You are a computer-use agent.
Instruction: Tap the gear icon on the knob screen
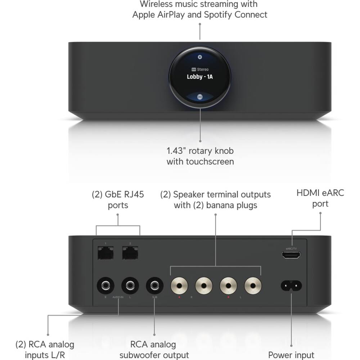200,57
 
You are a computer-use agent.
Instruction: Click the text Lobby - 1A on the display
200,77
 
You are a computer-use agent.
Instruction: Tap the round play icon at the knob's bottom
200,96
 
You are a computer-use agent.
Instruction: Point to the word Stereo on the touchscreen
203,69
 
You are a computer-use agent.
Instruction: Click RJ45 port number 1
105,253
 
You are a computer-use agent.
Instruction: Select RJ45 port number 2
130,253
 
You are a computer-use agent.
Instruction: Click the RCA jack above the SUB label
155,286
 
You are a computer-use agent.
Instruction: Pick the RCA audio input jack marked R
105,286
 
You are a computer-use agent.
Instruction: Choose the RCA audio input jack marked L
130,286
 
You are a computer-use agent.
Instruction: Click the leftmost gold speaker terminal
179,286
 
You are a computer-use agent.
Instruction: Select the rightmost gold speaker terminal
253,286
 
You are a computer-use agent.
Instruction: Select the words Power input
291,355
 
